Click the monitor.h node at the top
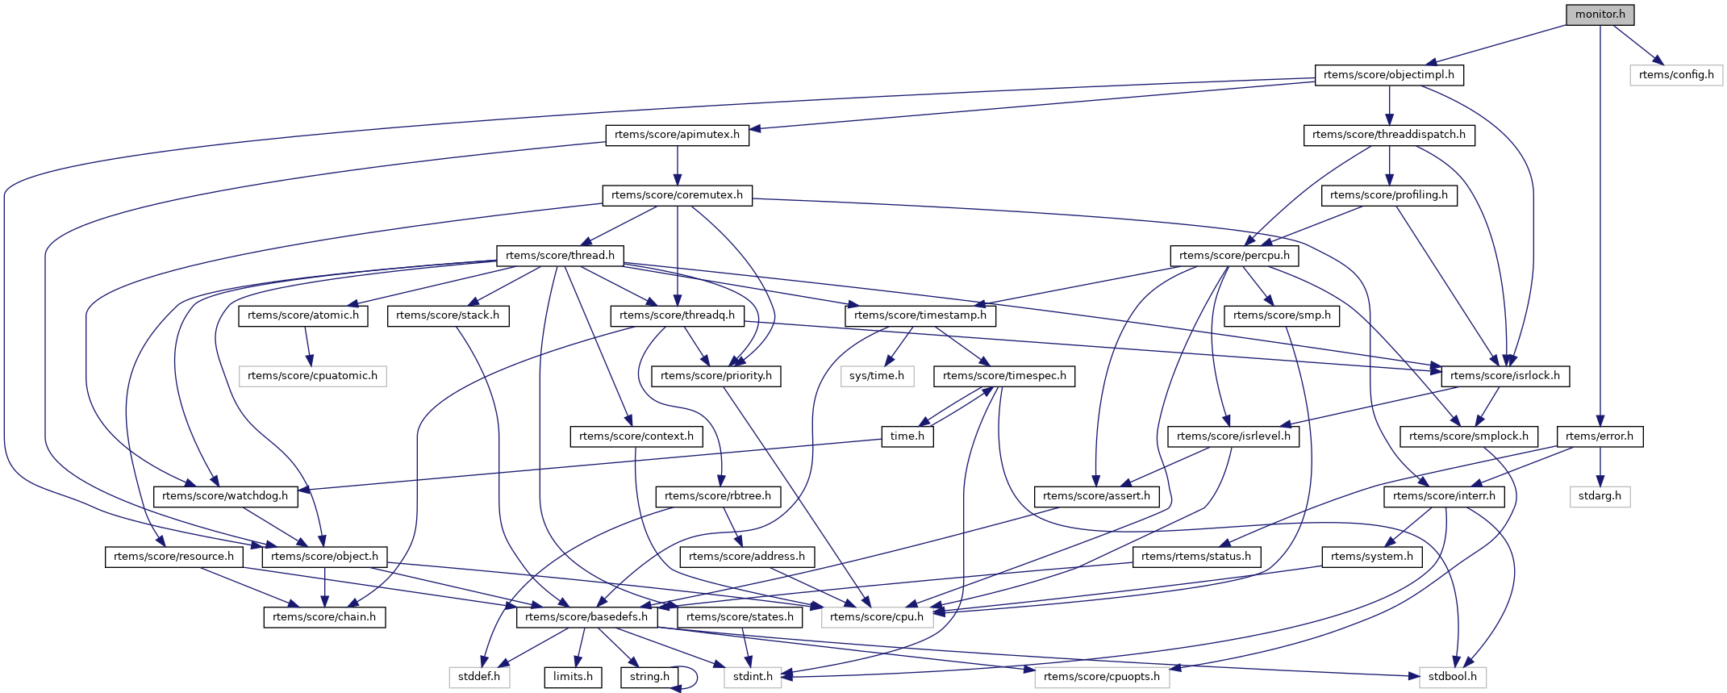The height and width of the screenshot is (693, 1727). (1600, 15)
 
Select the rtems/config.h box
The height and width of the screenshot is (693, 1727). (1676, 75)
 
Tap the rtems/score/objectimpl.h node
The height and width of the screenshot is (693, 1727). (1389, 75)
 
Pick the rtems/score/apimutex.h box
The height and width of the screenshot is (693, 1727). (677, 135)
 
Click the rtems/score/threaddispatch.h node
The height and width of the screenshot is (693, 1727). (1389, 135)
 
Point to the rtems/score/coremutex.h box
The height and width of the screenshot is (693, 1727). (677, 195)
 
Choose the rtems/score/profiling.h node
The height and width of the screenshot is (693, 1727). (1389, 195)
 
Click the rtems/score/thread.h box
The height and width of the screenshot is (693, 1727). (560, 256)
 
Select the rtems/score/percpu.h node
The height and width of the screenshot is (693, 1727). (1234, 256)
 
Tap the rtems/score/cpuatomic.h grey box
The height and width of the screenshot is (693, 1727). (312, 376)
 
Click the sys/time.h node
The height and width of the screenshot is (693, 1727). (877, 376)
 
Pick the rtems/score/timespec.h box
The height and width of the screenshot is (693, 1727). (1004, 376)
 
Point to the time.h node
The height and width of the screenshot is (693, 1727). (907, 436)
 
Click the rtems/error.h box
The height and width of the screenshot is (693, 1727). (1599, 436)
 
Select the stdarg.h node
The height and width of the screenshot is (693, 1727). (1600, 496)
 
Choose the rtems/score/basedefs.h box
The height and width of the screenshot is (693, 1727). (586, 617)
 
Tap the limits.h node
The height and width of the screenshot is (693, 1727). (573, 677)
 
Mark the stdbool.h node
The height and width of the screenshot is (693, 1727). (1452, 677)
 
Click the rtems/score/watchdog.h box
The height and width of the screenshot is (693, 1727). (225, 496)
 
